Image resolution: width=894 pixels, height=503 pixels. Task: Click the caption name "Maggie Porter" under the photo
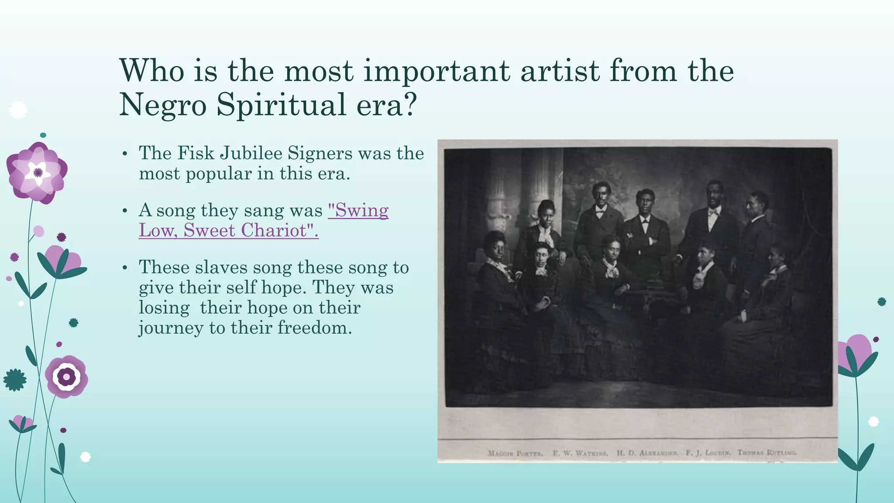515,453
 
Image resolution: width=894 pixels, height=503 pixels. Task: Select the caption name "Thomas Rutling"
767,453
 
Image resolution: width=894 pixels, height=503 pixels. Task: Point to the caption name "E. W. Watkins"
580,453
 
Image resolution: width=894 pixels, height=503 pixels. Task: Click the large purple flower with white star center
37,172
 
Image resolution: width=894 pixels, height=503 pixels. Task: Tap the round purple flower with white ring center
66,376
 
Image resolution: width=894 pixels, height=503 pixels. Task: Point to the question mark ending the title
409,105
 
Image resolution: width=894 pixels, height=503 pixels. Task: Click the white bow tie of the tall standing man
713,212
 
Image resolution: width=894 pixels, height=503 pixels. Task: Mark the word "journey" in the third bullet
171,327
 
